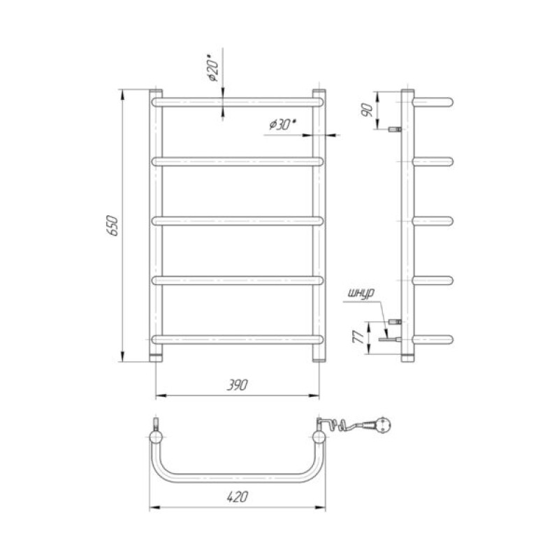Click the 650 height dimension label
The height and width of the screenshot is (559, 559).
click(x=112, y=225)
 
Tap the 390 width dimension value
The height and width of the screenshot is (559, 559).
click(x=238, y=385)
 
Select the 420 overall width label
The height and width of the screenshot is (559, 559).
click(x=238, y=497)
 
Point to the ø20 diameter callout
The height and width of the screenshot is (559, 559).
click(x=214, y=68)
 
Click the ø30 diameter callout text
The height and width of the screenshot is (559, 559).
click(x=283, y=124)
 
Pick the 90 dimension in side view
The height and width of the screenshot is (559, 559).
click(x=367, y=110)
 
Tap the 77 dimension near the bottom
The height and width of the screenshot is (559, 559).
click(x=358, y=336)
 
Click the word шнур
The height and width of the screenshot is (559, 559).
click(x=361, y=293)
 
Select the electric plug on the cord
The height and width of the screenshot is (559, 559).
click(x=383, y=425)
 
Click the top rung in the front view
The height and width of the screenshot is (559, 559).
click(x=238, y=102)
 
